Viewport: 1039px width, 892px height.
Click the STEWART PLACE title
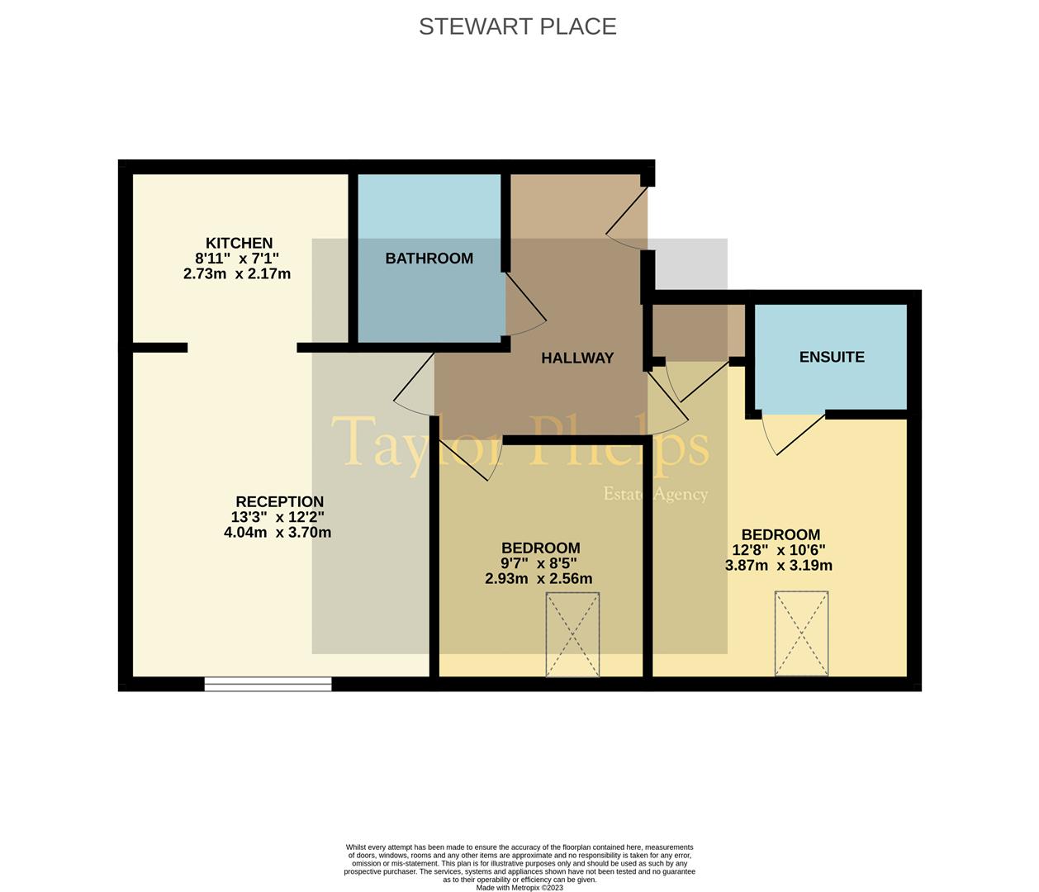tap(518, 26)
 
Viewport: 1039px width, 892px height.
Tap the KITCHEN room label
tap(239, 243)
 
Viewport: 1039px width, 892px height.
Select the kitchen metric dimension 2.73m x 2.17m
tap(237, 273)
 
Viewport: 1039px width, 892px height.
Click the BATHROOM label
tap(429, 259)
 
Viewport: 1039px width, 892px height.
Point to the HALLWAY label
tap(577, 358)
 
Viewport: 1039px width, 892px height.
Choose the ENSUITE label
tap(832, 357)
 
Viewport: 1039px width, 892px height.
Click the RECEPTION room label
tap(279, 501)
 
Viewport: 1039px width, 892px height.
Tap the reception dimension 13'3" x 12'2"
tap(278, 517)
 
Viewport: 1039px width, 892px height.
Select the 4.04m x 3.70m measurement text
tap(278, 533)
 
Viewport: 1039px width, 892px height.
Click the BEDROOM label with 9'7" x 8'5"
tap(540, 548)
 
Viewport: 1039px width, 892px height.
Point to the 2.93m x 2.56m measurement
tap(538, 579)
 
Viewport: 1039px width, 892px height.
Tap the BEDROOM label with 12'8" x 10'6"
tap(780, 534)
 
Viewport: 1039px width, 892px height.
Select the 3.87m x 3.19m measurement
tap(779, 566)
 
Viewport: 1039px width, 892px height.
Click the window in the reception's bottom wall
tap(268, 683)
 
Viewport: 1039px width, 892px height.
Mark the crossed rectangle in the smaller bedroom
tap(572, 634)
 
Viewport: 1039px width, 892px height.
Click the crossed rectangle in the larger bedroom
tap(801, 633)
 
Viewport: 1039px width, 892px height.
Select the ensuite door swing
tap(793, 434)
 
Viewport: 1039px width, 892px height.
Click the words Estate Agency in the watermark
tap(656, 494)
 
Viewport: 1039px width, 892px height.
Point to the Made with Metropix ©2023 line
tap(519, 888)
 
